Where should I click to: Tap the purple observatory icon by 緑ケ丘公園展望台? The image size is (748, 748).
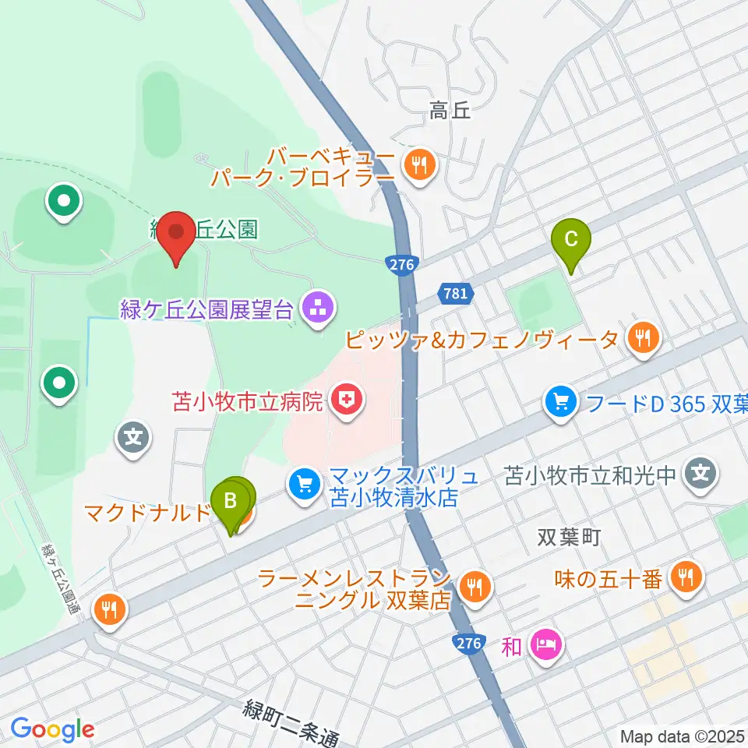(316, 309)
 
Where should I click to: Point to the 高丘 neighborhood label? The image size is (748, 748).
(450, 112)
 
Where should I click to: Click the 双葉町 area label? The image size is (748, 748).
(570, 538)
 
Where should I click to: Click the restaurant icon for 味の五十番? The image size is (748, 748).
(685, 578)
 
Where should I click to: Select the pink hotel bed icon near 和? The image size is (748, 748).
(542, 644)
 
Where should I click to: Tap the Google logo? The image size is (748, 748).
(51, 729)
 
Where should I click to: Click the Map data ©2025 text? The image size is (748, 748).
(683, 736)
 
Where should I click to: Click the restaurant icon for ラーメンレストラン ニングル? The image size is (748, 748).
(473, 584)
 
